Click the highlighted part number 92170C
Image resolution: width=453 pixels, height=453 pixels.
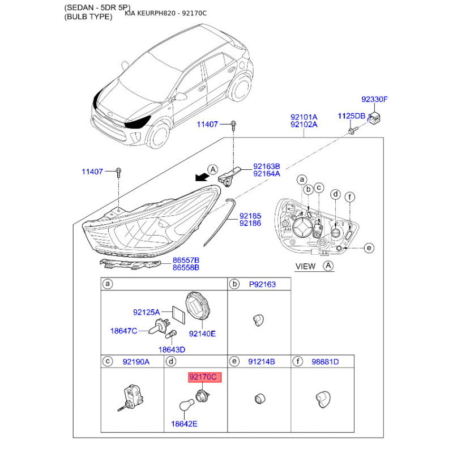tap(204, 377)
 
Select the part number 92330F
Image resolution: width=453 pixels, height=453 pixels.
tap(374, 100)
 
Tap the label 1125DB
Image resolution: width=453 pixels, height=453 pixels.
tap(352, 116)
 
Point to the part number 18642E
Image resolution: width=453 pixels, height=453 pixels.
tap(184, 424)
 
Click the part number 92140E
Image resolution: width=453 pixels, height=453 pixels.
tap(202, 334)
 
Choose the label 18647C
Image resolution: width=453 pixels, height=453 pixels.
tap(123, 331)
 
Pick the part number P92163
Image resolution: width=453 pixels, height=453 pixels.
tap(262, 284)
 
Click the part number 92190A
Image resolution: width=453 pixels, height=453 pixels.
tap(136, 362)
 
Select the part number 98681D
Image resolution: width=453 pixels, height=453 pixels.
tap(325, 362)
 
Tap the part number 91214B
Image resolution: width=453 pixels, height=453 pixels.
tap(262, 362)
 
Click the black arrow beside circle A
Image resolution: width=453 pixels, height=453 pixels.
tap(202, 177)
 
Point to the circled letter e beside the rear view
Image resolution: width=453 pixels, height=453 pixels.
tap(369, 248)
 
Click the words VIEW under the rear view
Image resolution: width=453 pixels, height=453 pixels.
tap(305, 266)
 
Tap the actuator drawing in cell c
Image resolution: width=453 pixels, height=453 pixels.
tap(131, 398)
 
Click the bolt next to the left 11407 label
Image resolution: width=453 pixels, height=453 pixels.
tap(119, 172)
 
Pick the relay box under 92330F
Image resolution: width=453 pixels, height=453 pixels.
tap(374, 118)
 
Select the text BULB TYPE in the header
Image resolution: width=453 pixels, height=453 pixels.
tap(88, 17)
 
